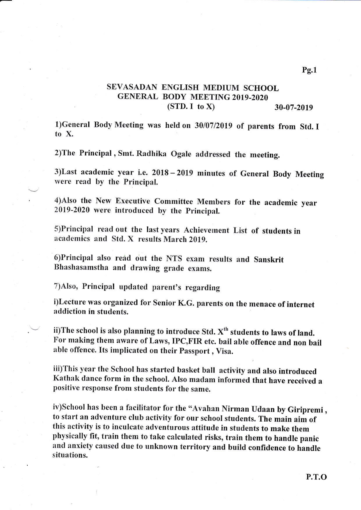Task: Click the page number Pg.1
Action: [x=309, y=70]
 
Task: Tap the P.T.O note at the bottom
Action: [x=316, y=477]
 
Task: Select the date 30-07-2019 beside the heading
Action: [x=294, y=108]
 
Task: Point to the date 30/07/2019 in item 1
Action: [x=213, y=126]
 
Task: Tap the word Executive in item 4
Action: [x=133, y=201]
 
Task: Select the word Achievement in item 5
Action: [x=206, y=230]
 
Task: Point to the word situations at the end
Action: [x=70, y=455]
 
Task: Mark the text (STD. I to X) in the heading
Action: [x=191, y=106]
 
